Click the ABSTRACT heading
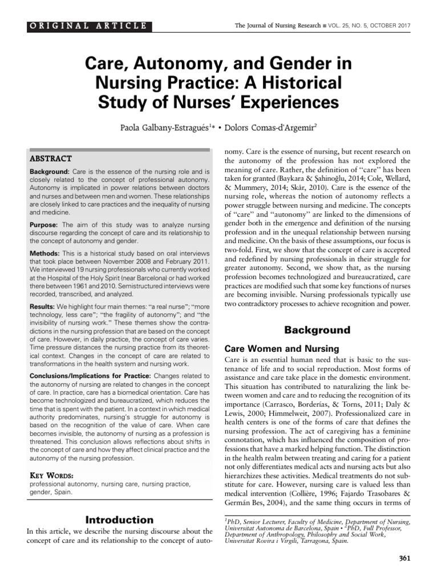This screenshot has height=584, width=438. click(50, 159)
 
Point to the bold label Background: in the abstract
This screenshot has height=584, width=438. click(49, 172)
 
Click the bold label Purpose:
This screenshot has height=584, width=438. click(43, 225)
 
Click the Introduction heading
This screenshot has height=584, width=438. click(119, 520)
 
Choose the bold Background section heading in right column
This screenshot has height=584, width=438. click(317, 330)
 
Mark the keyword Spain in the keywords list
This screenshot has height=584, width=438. click(61, 493)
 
